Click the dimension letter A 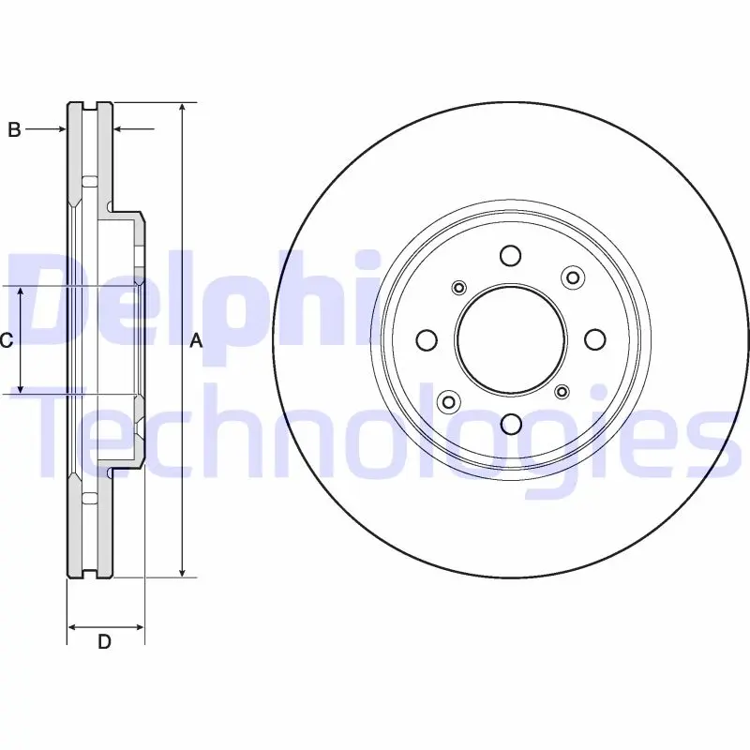pos(196,341)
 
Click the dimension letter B pos(14,129)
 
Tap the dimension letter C pos(6,340)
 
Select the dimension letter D pos(104,641)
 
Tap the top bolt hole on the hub pos(510,255)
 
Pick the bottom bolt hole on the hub pos(511,424)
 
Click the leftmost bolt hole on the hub pos(427,340)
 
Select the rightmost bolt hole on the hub pos(595,339)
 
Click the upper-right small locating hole pos(573,277)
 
